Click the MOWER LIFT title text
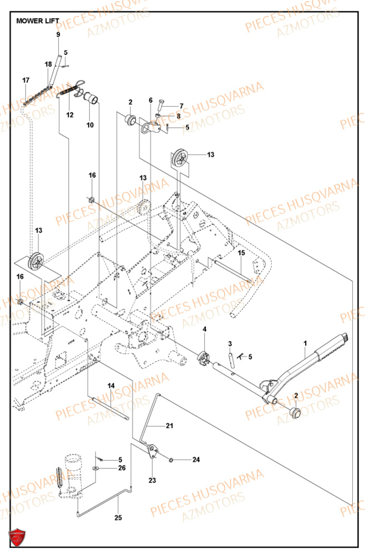click(38, 21)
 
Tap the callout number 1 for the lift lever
click(305, 344)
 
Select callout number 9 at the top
click(58, 35)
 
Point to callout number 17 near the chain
click(26, 80)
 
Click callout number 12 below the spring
click(70, 115)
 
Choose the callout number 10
click(90, 125)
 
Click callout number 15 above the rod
click(241, 253)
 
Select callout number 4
click(204, 330)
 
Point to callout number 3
click(230, 344)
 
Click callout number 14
click(111, 386)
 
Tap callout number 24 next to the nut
click(196, 460)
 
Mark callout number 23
click(152, 480)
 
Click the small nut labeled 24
click(172, 460)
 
